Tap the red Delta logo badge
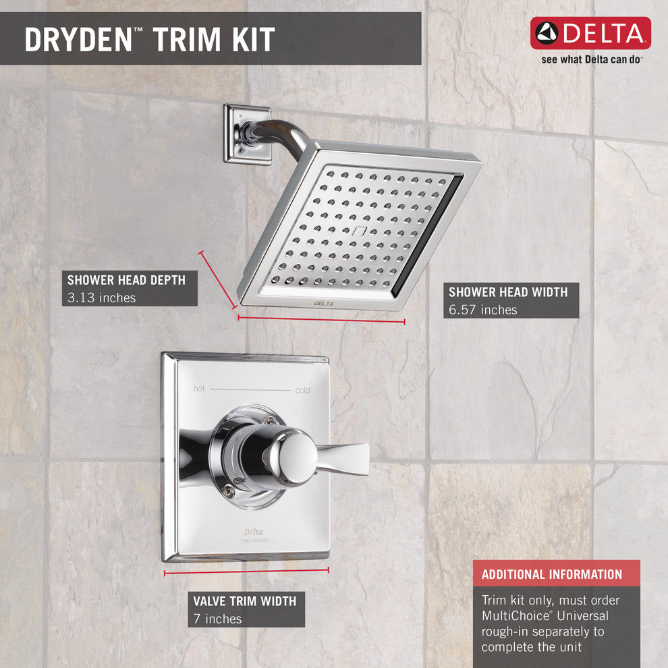(x=590, y=33)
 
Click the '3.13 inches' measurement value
(x=101, y=298)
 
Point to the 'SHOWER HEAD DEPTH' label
(x=126, y=279)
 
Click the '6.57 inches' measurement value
(x=483, y=310)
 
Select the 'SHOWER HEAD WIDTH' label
(x=508, y=292)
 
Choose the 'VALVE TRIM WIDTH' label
(x=244, y=601)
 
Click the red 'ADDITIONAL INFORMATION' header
(x=552, y=574)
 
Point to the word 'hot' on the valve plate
(x=199, y=389)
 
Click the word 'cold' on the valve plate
(x=302, y=391)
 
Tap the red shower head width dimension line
(x=321, y=319)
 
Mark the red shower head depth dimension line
(x=217, y=279)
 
